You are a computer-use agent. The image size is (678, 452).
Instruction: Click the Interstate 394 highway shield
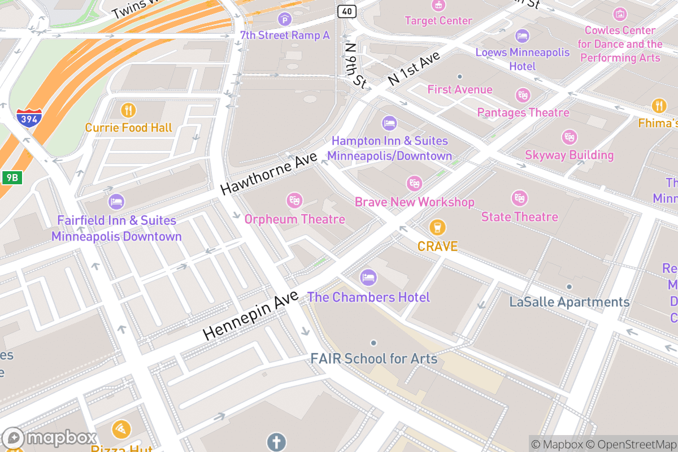[x=28, y=118]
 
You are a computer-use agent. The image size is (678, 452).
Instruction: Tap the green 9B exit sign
[x=11, y=177]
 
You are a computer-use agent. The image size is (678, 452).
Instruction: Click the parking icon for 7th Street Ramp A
[x=285, y=20]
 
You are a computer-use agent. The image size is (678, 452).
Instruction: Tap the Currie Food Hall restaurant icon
[x=129, y=110]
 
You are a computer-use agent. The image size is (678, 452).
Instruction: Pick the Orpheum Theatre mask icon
[x=294, y=200]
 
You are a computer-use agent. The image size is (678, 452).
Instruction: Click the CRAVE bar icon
[x=437, y=228]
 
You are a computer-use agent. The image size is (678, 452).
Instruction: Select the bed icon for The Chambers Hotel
[x=368, y=277]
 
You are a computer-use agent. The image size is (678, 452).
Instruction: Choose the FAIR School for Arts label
[x=373, y=358]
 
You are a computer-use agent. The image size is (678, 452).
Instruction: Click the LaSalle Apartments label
[x=569, y=302]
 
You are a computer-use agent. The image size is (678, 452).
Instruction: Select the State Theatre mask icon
[x=519, y=198]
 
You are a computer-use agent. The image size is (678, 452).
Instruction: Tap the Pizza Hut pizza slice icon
[x=121, y=430]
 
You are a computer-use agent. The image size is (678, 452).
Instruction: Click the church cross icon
[x=277, y=442]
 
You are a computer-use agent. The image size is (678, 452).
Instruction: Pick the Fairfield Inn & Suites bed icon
[x=116, y=201]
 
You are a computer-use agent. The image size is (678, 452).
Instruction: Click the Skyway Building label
[x=569, y=155]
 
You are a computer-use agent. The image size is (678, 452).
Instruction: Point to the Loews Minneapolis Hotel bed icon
[x=522, y=36]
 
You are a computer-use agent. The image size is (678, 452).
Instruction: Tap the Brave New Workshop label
[x=414, y=202]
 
